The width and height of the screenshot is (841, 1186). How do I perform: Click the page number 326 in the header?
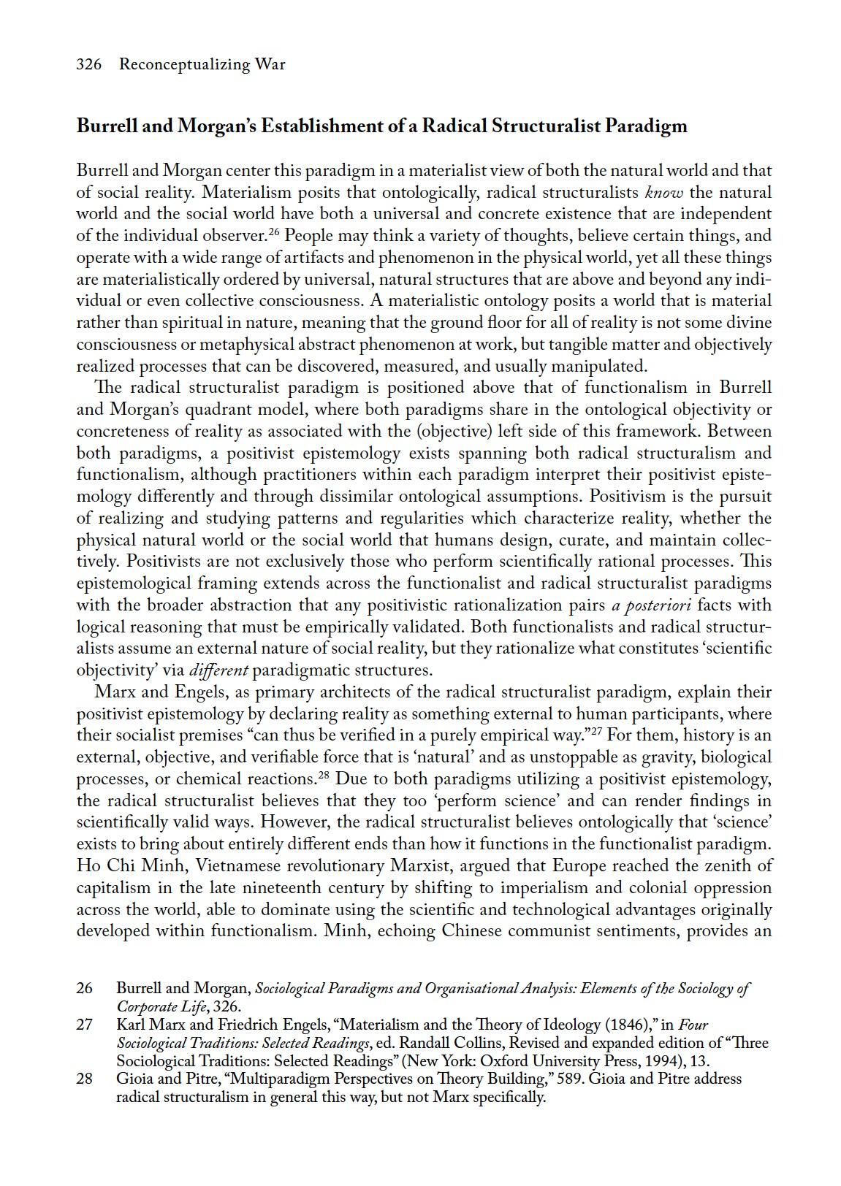(x=88, y=64)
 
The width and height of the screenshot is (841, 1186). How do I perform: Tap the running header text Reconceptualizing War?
(x=202, y=64)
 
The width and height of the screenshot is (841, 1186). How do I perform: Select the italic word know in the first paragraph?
(x=664, y=193)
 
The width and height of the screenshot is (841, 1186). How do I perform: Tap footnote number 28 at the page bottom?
(x=84, y=1079)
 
